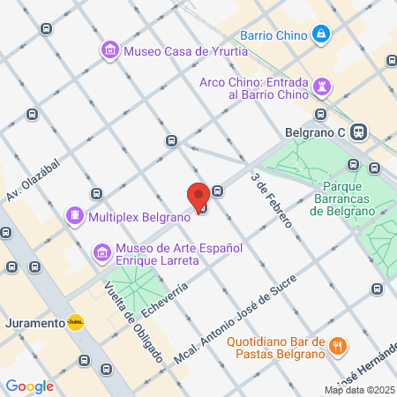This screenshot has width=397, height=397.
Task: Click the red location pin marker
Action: tap(198, 196)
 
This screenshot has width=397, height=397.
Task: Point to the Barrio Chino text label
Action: tap(273, 36)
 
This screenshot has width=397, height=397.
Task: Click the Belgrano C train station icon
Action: tap(358, 132)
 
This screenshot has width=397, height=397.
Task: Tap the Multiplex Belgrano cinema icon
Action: tap(76, 215)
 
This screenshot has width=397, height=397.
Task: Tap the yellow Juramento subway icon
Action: tap(77, 322)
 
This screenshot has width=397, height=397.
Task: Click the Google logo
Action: tap(29, 386)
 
